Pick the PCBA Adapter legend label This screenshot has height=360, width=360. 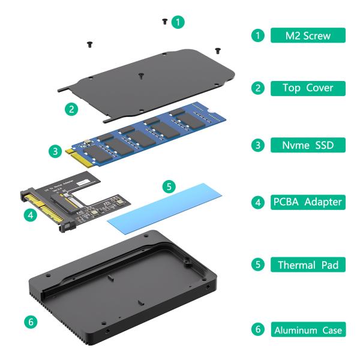point(308,202)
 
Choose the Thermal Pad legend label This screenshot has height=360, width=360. point(308,264)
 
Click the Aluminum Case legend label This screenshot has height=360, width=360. point(308,329)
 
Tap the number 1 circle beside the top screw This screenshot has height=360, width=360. point(177,22)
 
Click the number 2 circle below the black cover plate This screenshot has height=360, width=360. point(72,109)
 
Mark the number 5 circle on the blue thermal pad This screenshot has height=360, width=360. point(169,187)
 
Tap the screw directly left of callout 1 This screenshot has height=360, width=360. point(164,22)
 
